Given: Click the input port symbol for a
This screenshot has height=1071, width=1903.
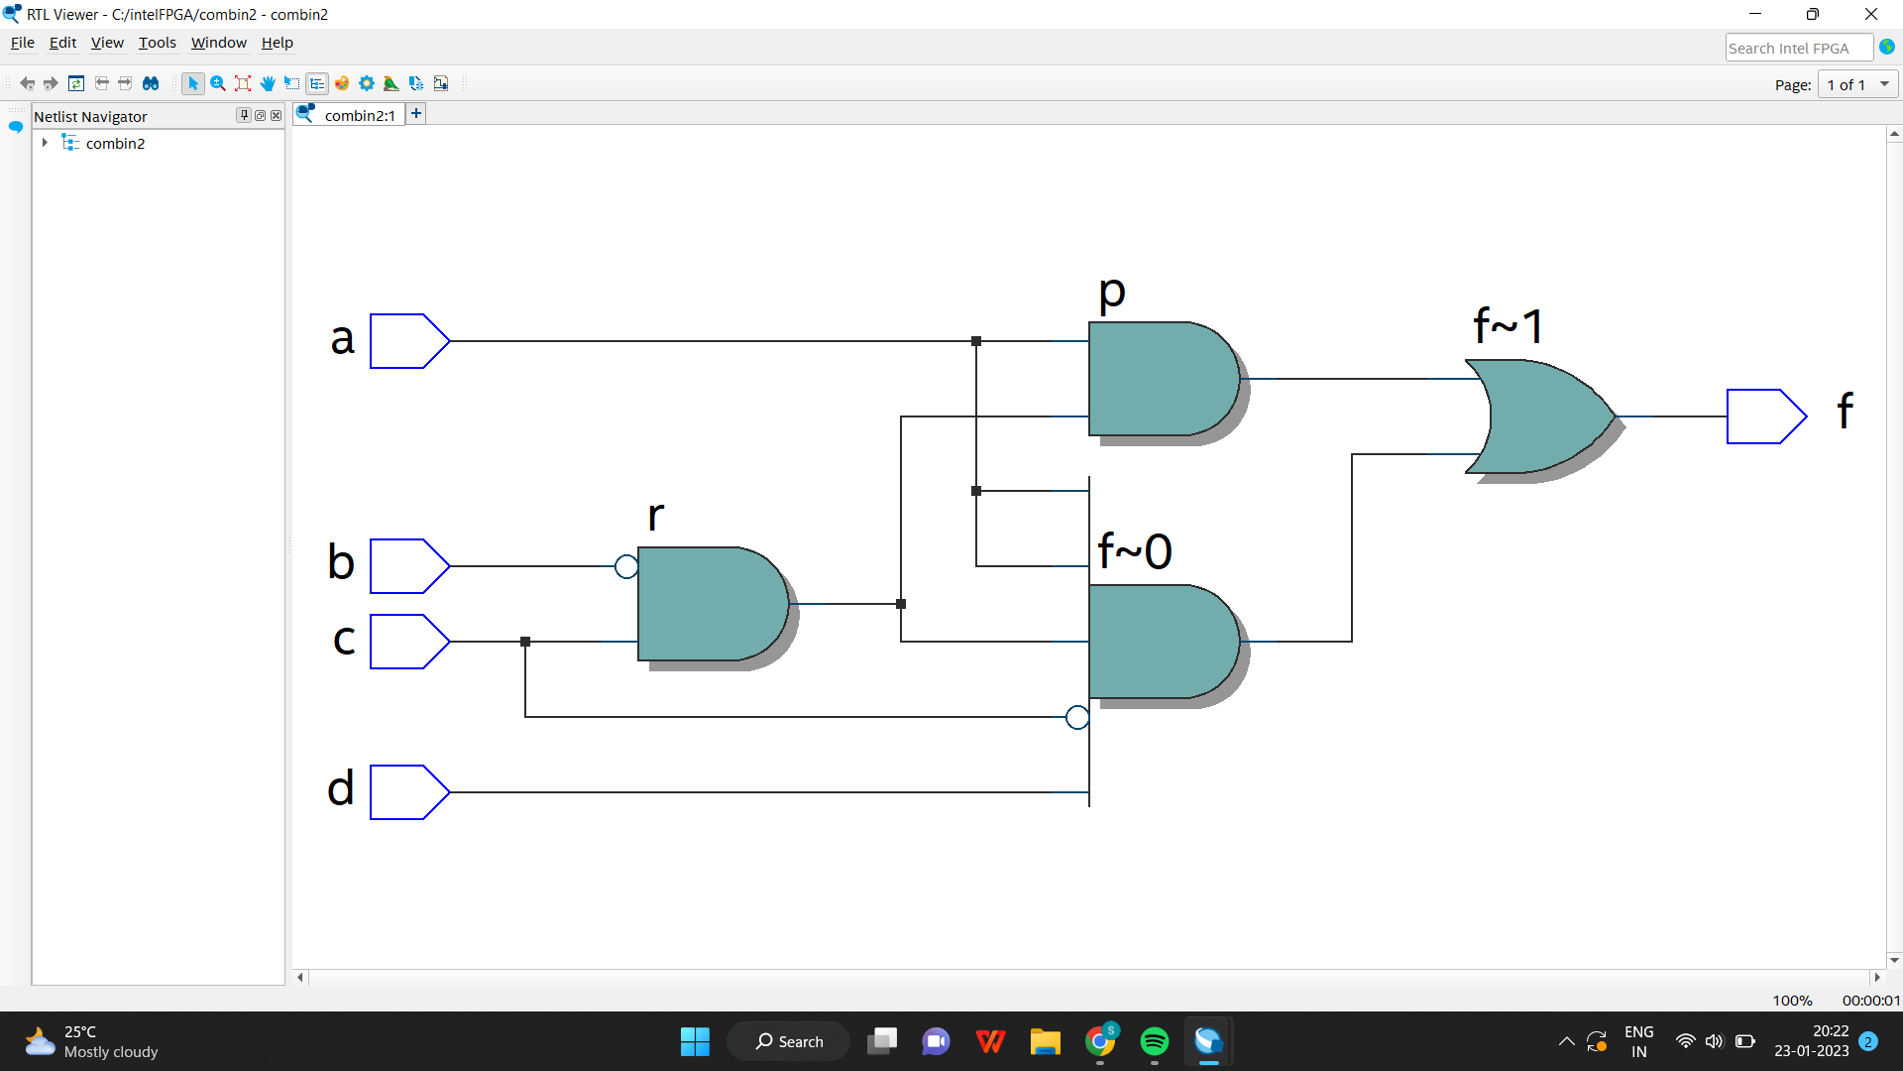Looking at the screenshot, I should point(407,341).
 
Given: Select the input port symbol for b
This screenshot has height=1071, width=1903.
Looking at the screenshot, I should point(407,566).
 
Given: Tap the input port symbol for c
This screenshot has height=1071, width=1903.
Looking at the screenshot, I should point(407,642).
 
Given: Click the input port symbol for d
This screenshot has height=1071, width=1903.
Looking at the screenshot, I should point(407,792).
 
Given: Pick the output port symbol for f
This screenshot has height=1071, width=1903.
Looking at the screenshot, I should point(1764,416).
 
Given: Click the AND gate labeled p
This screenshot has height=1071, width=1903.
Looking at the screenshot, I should point(1160,379).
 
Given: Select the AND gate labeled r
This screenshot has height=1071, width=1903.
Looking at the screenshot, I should point(709,604).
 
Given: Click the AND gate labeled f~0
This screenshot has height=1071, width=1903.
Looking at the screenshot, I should point(1160,642).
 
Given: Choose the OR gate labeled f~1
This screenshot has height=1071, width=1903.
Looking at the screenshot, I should point(1541,416).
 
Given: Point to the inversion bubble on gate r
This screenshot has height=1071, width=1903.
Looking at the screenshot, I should point(626,566).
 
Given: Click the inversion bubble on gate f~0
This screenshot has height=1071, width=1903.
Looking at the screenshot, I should point(1077,717).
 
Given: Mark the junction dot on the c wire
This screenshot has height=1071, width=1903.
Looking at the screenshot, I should point(525,642).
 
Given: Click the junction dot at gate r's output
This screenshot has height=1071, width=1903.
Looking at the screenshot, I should point(901,604).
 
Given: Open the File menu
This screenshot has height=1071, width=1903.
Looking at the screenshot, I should point(22,43).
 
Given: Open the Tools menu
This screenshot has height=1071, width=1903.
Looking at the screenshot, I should point(157,43).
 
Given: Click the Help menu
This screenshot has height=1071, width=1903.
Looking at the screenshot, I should point(277,43).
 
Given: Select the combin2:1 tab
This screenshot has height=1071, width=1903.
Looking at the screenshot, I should point(359,115).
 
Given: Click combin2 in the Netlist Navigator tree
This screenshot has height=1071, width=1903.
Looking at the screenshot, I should point(115,143).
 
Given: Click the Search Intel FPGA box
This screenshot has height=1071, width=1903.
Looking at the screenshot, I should point(1797,48).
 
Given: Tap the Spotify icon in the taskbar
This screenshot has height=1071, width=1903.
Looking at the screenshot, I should point(1154,1041).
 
